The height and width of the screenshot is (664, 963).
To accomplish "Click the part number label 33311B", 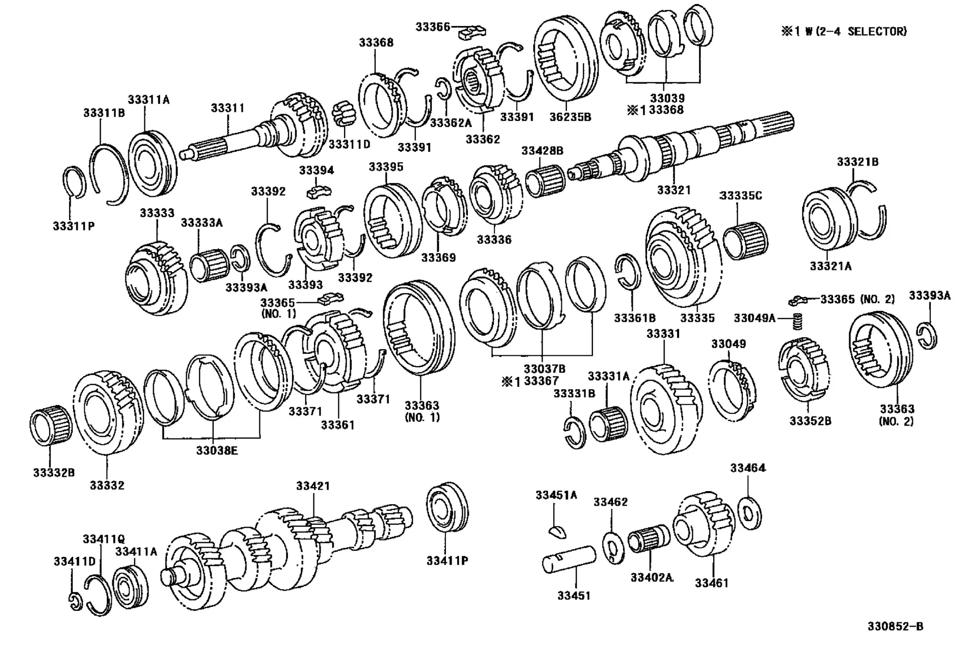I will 104,113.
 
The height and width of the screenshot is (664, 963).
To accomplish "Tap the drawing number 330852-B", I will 895,626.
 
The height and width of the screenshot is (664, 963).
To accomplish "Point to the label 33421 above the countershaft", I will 313,486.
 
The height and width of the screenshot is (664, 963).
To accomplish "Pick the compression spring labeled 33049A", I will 797,321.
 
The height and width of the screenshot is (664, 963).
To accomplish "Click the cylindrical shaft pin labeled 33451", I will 569,559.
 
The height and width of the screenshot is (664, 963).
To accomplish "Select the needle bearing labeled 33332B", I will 51,427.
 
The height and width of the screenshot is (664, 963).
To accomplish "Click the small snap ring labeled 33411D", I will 75,601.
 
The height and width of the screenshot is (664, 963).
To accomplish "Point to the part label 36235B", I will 570,117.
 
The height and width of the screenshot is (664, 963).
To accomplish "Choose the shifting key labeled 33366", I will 472,33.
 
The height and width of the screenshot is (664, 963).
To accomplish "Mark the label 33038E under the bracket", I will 217,451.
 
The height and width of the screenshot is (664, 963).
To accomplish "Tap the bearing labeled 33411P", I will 447,508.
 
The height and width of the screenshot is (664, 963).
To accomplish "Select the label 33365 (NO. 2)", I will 857,299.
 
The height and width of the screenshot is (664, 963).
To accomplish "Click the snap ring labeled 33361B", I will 628,271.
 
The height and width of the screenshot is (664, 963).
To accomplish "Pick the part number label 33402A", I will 652,577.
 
